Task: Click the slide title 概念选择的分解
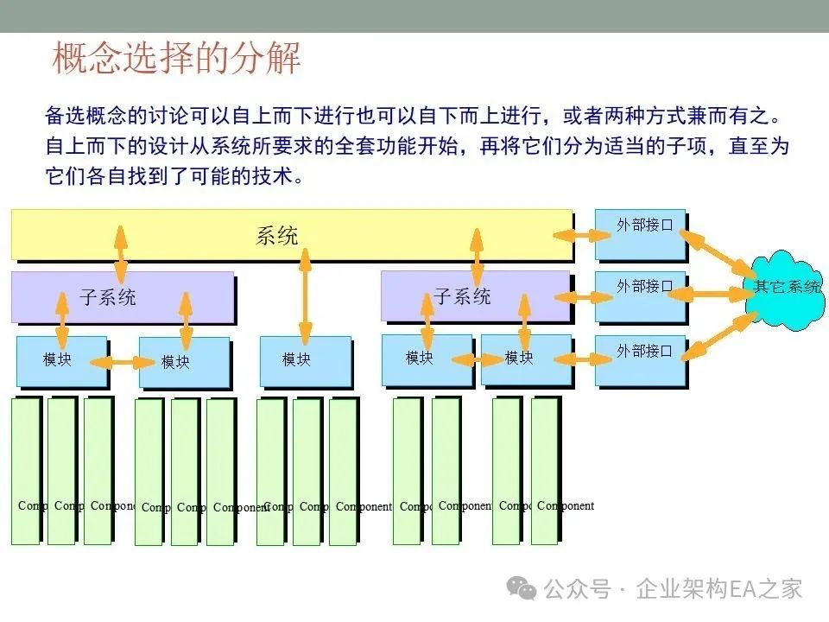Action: [176, 59]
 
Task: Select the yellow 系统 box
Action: [276, 235]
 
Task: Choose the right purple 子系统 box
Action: [463, 296]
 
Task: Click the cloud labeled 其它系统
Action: [787, 287]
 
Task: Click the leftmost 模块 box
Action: [58, 359]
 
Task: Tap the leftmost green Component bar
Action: [26, 471]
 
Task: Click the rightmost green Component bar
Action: [545, 471]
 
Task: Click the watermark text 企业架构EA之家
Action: [718, 589]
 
